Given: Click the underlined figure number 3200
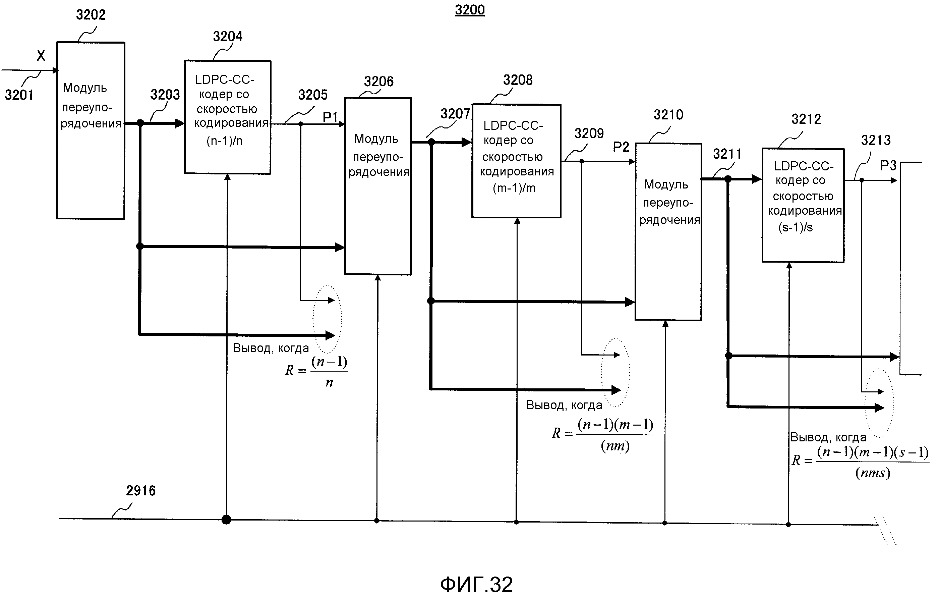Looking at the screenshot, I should click(470, 10).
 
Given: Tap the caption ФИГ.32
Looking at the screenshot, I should click(476, 584).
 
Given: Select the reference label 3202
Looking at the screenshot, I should click(91, 15).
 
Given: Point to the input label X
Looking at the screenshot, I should click(41, 56).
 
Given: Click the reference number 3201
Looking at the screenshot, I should click(19, 95).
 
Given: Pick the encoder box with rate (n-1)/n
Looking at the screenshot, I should click(228, 117).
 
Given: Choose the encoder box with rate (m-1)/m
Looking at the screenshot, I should click(516, 161).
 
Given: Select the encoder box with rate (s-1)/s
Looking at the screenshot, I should click(803, 205).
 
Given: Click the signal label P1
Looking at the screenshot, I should click(330, 116).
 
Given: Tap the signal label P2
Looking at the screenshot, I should click(621, 147).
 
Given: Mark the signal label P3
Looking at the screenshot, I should click(888, 165).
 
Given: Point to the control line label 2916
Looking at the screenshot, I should click(140, 491).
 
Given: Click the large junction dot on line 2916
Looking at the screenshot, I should click(227, 520).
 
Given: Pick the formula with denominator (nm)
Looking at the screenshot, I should click(602, 434).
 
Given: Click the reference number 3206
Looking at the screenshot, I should click(378, 81).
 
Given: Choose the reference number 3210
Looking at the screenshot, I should click(668, 115).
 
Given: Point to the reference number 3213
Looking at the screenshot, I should click(876, 140).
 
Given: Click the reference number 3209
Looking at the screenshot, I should click(589, 133).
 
